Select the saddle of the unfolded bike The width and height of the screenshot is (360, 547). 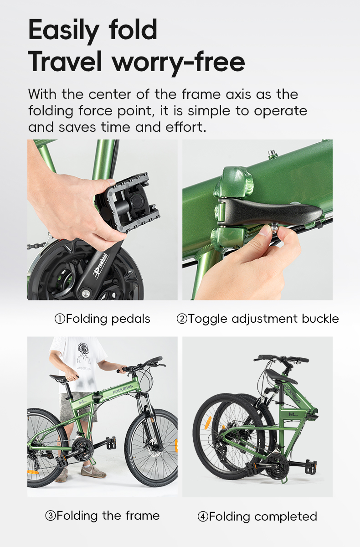[59, 378]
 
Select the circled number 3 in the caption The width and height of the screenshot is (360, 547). [50, 516]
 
